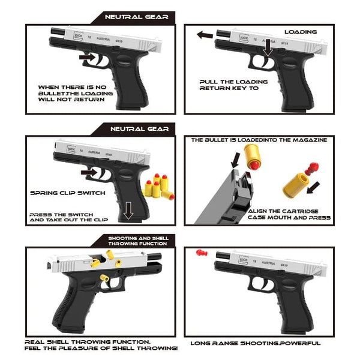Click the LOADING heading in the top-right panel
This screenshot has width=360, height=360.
coord(300,31)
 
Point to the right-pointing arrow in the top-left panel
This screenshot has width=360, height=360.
coord(88,58)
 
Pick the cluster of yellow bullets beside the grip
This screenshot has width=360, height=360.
coord(159,187)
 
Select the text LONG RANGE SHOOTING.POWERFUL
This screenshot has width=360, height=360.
coord(255,343)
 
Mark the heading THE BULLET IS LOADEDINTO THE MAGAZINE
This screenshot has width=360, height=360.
coord(259,139)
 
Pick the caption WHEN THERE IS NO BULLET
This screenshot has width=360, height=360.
coord(71,92)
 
